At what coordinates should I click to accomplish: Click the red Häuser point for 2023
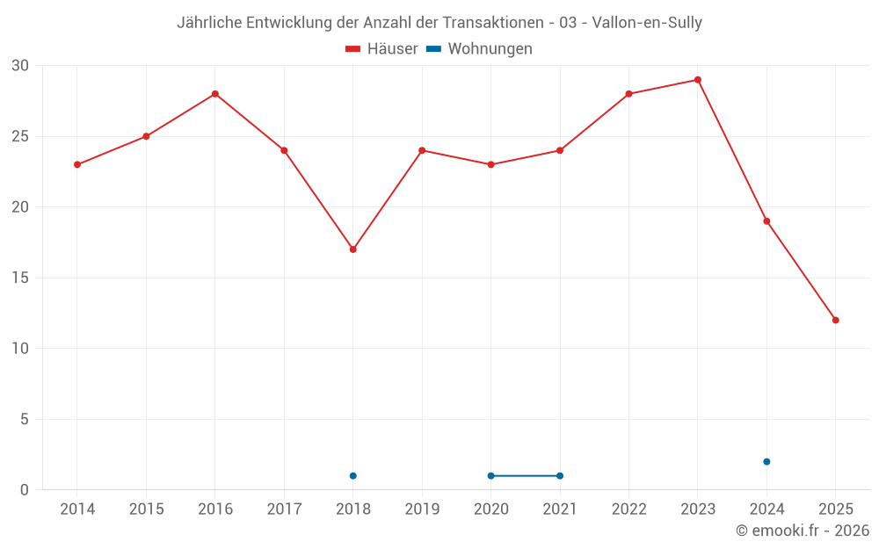tap(698, 80)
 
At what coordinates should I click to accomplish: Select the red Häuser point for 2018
tap(353, 249)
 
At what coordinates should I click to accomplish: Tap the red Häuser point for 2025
tap(836, 320)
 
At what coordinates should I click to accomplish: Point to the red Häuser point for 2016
tap(215, 94)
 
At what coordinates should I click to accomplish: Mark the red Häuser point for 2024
tap(766, 221)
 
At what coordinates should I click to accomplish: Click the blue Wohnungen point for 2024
tap(766, 461)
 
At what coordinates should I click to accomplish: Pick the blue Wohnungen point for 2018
tap(353, 476)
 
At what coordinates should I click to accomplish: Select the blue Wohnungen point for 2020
tap(491, 476)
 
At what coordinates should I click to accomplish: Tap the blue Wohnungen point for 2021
tap(560, 476)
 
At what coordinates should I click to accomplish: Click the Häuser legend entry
tap(381, 49)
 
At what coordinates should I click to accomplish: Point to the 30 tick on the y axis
tap(20, 66)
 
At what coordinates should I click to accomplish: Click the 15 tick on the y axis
tap(20, 278)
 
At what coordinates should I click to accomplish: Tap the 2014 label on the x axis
tap(77, 509)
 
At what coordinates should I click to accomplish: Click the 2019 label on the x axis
tap(422, 509)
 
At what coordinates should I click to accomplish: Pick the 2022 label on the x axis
tap(628, 509)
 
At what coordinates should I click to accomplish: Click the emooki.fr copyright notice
tap(802, 531)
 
